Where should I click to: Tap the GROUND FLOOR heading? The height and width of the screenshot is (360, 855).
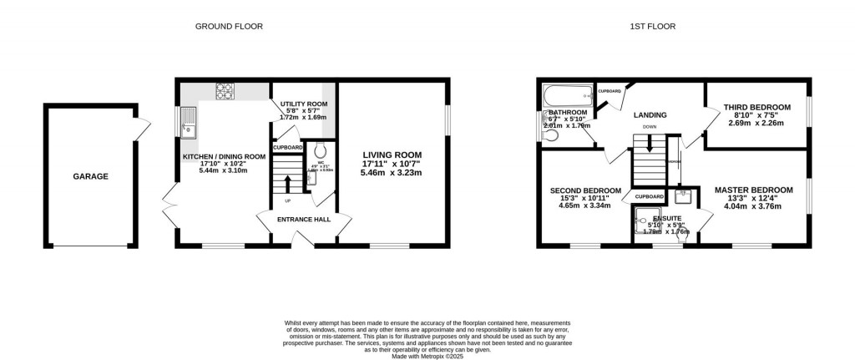tap(229, 27)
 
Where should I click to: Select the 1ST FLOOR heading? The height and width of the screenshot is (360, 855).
tap(652, 27)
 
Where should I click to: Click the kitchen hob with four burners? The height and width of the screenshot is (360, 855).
tap(225, 89)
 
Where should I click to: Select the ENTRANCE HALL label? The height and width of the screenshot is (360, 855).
tap(304, 220)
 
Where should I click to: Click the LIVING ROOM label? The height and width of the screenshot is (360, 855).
tap(392, 155)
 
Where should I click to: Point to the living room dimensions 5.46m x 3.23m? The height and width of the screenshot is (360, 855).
tap(392, 173)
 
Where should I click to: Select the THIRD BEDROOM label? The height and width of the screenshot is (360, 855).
tap(757, 107)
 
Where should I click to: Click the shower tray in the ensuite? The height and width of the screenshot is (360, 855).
tap(645, 221)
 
